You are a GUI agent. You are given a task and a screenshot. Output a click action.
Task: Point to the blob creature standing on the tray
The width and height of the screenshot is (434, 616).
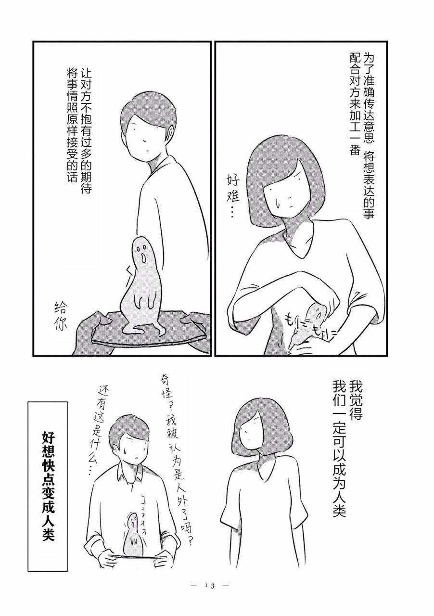[x=142, y=286]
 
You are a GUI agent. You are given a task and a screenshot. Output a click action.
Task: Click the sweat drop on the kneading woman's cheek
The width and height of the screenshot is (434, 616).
[x=278, y=204]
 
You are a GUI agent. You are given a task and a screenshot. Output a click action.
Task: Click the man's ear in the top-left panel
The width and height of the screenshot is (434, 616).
[x=171, y=132]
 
